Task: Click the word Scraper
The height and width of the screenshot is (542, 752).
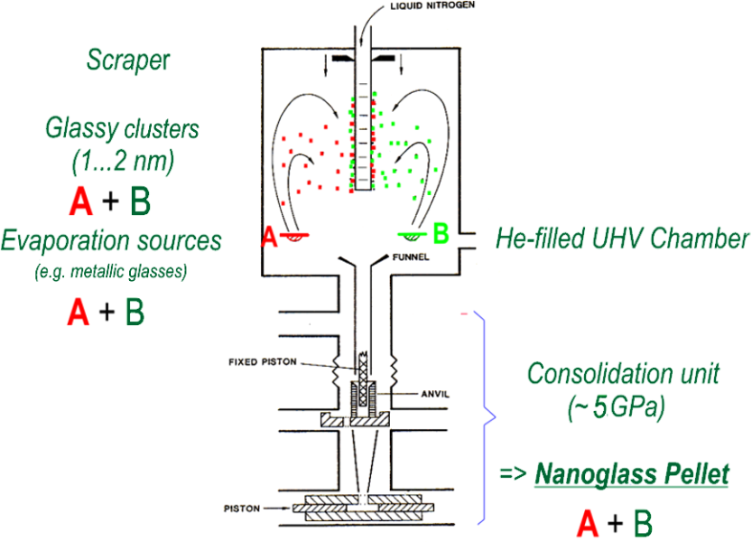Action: coord(127,61)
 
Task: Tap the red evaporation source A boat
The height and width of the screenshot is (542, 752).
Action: coord(293,237)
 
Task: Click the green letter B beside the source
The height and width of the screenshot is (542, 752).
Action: coord(441,236)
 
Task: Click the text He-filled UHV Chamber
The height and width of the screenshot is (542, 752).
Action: coord(622,238)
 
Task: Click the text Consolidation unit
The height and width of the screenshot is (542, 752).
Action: coord(623,374)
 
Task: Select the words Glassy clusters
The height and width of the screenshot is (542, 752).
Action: coord(122,129)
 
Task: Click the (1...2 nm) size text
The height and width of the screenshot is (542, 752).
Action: coord(122,163)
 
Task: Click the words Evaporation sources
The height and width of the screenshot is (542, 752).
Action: coord(111,240)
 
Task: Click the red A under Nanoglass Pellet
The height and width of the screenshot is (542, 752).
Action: coord(587,523)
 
